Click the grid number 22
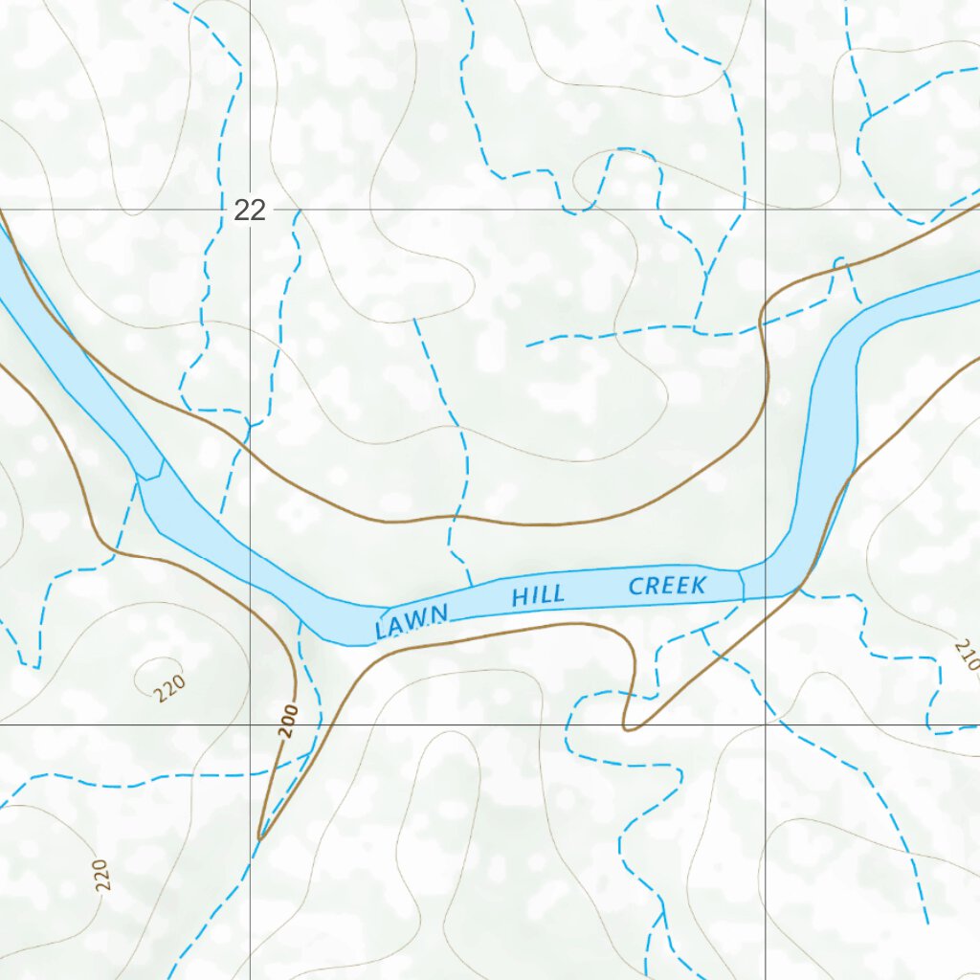(x=249, y=210)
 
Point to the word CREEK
(x=667, y=586)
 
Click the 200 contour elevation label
(x=290, y=720)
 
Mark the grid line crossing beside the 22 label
(x=251, y=210)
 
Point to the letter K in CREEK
(x=699, y=585)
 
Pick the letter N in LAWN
(x=438, y=615)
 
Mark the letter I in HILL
(x=533, y=596)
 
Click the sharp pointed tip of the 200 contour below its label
(x=259, y=839)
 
